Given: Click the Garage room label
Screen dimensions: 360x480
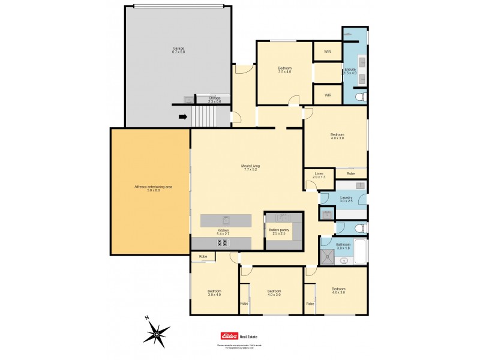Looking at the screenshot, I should click(178, 50).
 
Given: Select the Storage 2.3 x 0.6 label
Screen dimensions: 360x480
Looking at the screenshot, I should click(214, 100).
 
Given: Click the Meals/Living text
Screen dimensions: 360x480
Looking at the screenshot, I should click(251, 167).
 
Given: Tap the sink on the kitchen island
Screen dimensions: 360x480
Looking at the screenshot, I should click(226, 219).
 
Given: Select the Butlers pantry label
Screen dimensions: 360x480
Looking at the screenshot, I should click(278, 231).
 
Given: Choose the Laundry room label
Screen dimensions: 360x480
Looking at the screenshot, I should click(346, 199).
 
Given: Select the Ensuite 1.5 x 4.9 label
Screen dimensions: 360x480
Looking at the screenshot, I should click(350, 71).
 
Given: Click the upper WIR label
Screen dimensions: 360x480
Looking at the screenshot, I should click(328, 51).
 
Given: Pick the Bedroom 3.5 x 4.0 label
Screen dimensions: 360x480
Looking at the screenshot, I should click(284, 70).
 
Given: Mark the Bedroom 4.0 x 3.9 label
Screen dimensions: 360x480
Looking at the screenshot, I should click(337, 136).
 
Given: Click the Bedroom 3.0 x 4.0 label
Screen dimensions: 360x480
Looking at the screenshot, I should click(215, 293).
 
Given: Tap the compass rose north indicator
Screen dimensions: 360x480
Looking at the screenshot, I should click(147, 319).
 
